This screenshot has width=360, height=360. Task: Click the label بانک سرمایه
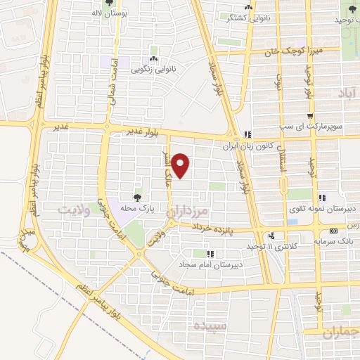point(333,241)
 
